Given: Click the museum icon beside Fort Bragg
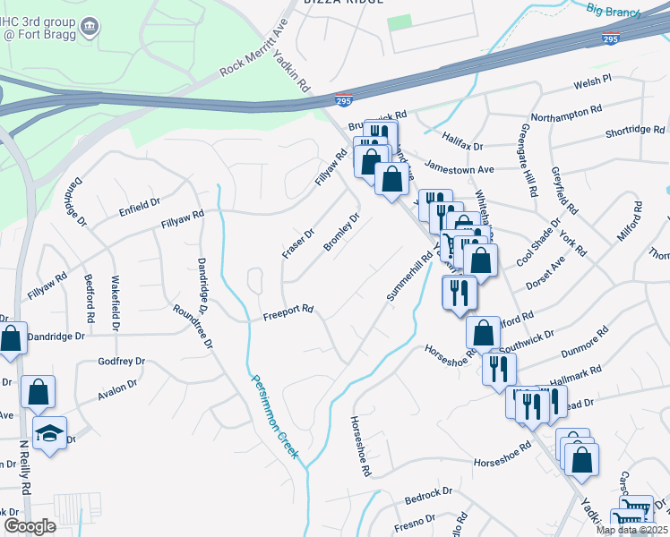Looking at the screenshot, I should click(x=90, y=26).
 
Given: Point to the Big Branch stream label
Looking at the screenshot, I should click(x=614, y=11).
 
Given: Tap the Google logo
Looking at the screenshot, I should click(x=29, y=526).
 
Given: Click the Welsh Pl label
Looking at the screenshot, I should click(x=591, y=81).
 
